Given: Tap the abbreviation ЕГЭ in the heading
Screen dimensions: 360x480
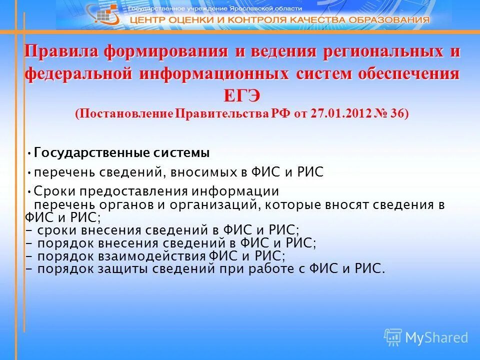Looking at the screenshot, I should [241, 95].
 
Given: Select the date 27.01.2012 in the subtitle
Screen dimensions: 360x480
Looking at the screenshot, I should [340, 113].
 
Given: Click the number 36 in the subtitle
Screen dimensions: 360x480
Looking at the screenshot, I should [397, 113].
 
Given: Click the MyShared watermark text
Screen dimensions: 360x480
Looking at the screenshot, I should [436, 337].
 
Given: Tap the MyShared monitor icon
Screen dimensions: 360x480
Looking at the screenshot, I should [393, 337].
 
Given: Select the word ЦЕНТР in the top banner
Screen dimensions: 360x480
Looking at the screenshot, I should [149, 20].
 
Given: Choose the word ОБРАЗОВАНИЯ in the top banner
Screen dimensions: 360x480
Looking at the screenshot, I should [392, 20].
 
